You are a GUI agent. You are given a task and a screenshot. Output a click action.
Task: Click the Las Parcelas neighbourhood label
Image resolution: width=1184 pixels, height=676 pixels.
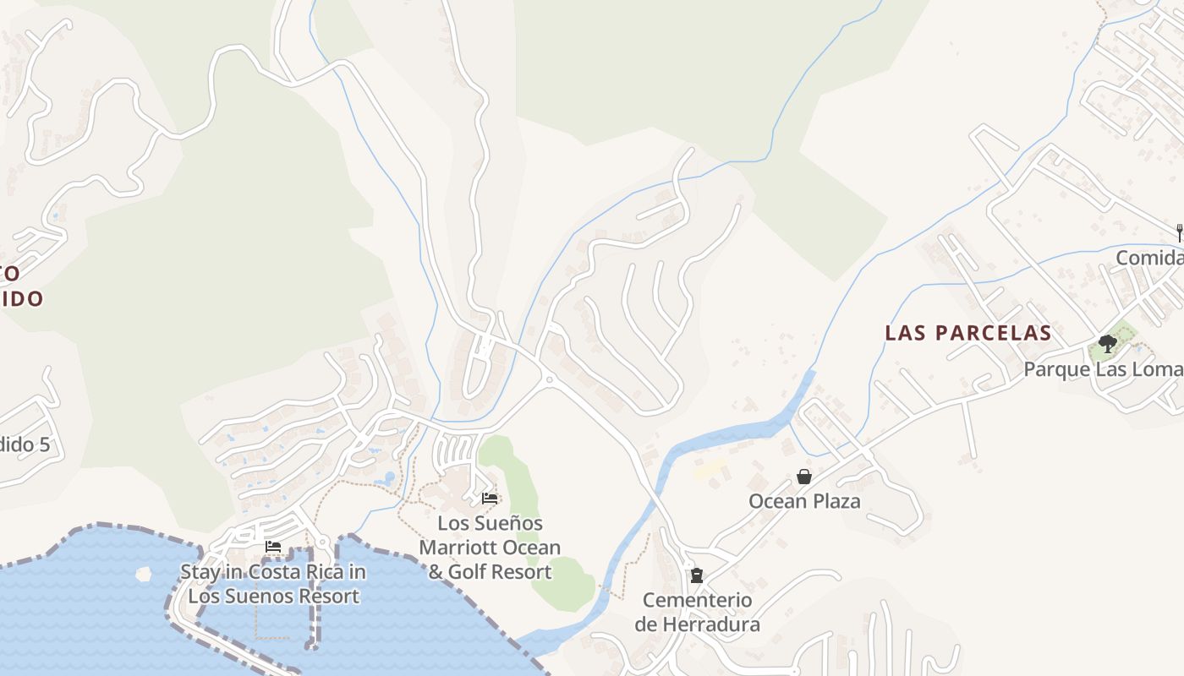(x=968, y=333)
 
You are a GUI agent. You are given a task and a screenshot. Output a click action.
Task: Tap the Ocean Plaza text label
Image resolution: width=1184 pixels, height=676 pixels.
(x=804, y=501)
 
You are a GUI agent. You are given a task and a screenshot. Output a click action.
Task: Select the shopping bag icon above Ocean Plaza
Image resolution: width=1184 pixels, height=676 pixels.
(x=804, y=477)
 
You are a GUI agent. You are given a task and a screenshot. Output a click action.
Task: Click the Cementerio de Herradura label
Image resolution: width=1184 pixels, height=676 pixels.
(x=697, y=613)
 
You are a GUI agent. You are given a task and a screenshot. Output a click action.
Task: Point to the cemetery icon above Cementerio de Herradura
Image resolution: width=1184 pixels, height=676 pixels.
(x=697, y=576)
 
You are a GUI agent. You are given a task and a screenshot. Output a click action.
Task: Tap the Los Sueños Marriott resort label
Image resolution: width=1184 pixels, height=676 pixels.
(x=490, y=548)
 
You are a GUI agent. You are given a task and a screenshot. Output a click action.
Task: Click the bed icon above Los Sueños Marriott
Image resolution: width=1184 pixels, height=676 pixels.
(x=490, y=499)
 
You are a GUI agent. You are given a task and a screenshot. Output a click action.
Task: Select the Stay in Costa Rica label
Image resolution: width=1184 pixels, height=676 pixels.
(x=273, y=584)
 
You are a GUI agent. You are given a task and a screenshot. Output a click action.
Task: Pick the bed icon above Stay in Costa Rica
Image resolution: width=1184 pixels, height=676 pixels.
(x=273, y=548)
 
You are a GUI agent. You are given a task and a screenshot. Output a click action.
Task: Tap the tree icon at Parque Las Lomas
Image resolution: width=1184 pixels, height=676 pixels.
(x=1107, y=344)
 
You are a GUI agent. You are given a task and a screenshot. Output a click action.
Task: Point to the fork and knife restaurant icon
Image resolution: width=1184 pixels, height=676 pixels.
(x=1179, y=232)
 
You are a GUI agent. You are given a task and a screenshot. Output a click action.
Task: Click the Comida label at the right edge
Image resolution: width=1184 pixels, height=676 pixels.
(x=1150, y=258)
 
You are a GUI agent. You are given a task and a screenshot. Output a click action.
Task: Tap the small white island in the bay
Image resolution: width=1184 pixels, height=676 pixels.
(x=144, y=574)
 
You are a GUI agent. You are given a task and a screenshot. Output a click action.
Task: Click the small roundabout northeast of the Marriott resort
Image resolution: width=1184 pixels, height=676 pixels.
(x=549, y=380)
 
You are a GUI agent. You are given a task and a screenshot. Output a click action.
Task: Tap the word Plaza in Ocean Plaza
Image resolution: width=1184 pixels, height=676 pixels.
(x=836, y=501)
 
